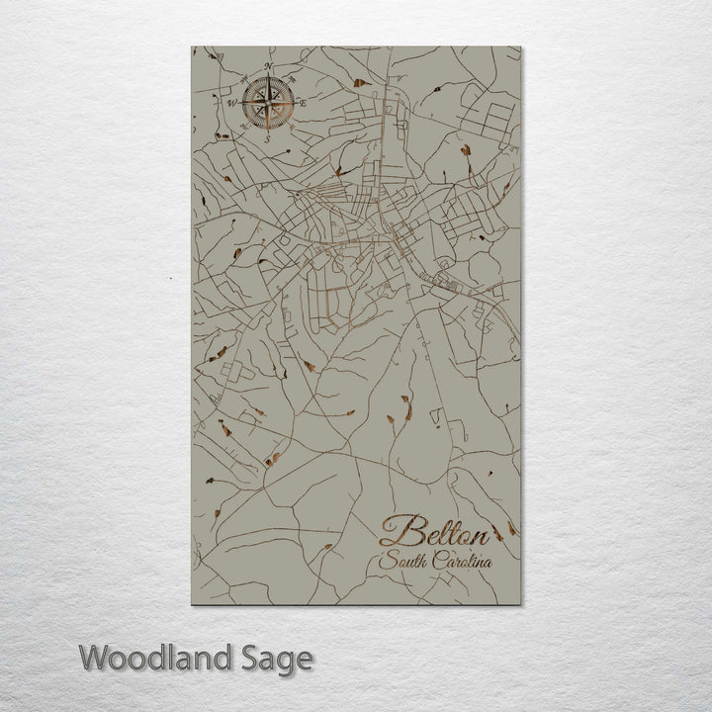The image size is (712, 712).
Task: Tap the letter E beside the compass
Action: point(303,103)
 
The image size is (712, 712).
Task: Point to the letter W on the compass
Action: point(233,102)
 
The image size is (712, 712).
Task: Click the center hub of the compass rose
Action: point(267,102)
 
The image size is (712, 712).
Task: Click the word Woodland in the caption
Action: point(155,657)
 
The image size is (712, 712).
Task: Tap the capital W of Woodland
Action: point(95,657)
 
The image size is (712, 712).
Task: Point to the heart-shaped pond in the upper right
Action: point(465,150)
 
